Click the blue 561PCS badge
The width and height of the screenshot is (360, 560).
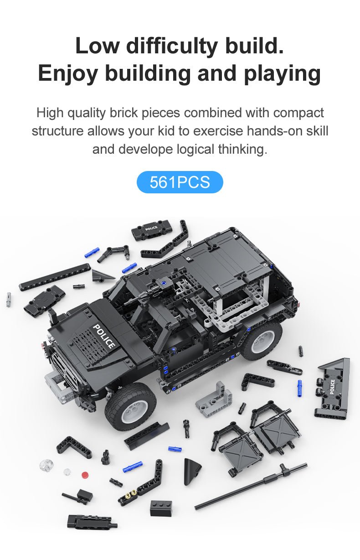(x=180, y=182)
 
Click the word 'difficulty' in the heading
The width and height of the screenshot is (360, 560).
(x=172, y=46)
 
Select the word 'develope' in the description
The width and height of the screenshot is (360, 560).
(x=146, y=150)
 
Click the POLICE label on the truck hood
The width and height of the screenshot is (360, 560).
(x=104, y=336)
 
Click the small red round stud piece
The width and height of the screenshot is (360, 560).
(x=85, y=475)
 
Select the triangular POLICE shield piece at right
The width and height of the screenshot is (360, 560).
(x=333, y=389)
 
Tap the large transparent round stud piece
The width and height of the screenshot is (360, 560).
(x=47, y=464)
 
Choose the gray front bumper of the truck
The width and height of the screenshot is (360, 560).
(x=57, y=387)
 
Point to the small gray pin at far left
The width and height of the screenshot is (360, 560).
(x=9, y=299)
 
